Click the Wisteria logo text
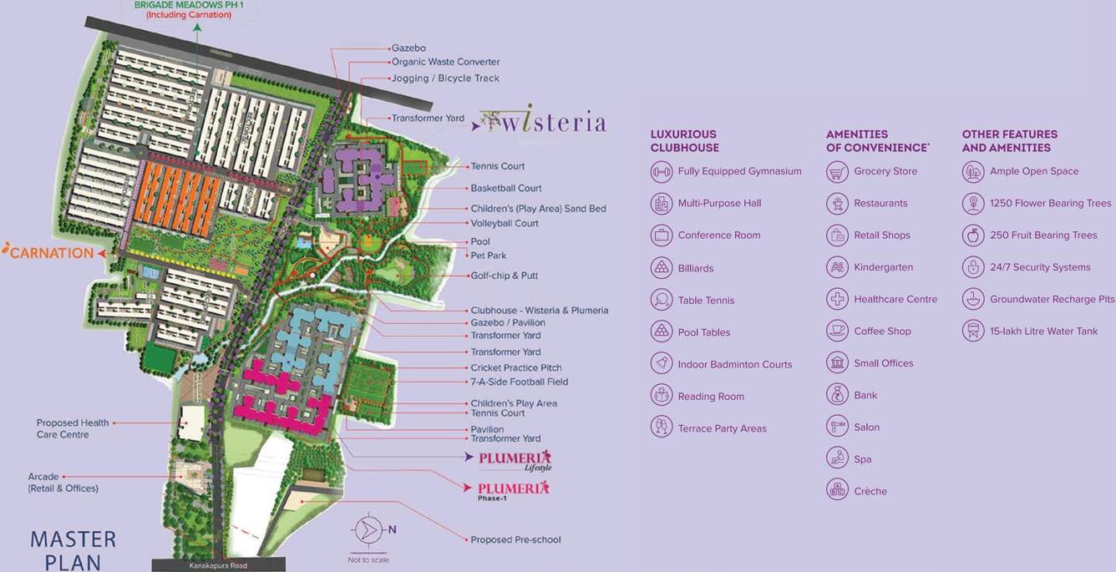pos(551,123)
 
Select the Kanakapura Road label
pos(218,565)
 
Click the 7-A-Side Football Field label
pos(519,382)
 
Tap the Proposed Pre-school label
pos(515,539)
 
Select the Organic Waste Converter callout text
pos(445,62)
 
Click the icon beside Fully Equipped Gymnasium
pos(661,172)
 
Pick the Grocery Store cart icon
pos(837,172)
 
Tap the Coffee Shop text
pos(882,332)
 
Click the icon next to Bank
pos(837,395)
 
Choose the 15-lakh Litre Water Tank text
pos(1043,332)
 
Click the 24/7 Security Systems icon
pos(972,267)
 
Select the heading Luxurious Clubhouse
pos(684,140)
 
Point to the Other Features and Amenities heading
pos(1009,140)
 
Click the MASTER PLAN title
pos(73,549)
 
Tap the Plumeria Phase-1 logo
pos(513,489)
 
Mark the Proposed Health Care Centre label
pos(73,428)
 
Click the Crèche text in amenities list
pos(870,491)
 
